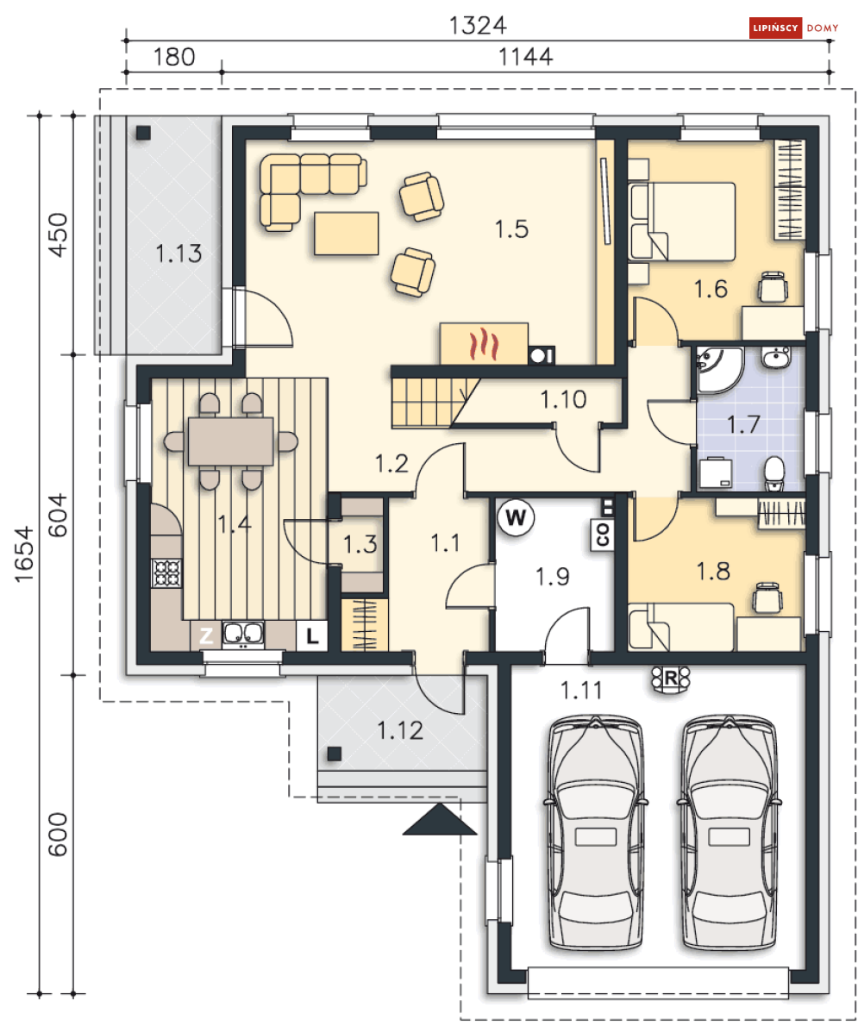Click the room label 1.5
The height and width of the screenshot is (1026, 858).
pos(511,229)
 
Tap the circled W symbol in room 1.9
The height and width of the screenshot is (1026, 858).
pos(516,517)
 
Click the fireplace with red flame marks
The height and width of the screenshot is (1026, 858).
pos(484,343)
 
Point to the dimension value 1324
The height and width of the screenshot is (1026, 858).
pos(478,26)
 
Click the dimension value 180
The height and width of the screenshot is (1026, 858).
pos(174,57)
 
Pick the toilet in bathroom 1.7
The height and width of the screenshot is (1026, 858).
pos(774,473)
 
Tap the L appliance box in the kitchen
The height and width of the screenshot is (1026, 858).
pos(312,635)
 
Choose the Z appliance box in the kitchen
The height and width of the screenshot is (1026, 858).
pos(206,635)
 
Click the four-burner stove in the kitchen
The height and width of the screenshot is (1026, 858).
pos(166,573)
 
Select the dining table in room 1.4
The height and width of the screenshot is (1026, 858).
pos(230,441)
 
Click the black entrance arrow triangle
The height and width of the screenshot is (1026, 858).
pos(440,819)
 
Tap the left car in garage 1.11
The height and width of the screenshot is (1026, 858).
pos(595,832)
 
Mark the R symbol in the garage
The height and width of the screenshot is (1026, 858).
pos(671,679)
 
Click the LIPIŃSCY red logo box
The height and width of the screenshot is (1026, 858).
pos(775,28)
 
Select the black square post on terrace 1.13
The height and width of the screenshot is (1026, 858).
pos(143,133)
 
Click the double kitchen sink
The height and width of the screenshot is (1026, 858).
pos(243,634)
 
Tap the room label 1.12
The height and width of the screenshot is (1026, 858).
pos(400,730)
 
